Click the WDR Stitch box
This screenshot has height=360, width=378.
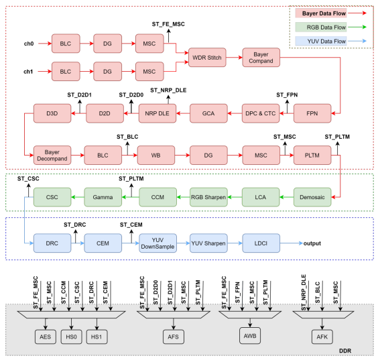[x=206, y=57]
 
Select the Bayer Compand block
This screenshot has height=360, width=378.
[x=260, y=57]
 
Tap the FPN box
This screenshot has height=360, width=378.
[x=312, y=114]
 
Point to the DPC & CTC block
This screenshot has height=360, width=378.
[x=260, y=114]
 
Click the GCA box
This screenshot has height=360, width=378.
[x=208, y=114]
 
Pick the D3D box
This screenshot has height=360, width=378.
[x=52, y=114]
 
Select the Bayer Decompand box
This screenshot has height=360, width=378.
[x=52, y=156]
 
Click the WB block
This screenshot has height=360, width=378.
[x=155, y=156]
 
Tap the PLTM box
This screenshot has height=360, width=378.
[x=312, y=156]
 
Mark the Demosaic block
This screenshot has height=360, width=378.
[x=312, y=197]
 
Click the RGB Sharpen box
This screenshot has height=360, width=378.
[x=208, y=197]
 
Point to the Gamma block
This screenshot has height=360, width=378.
[x=103, y=197]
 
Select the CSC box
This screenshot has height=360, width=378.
[x=52, y=197]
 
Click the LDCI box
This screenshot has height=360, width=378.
[x=260, y=241]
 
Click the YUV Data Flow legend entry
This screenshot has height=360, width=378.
[x=320, y=41]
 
